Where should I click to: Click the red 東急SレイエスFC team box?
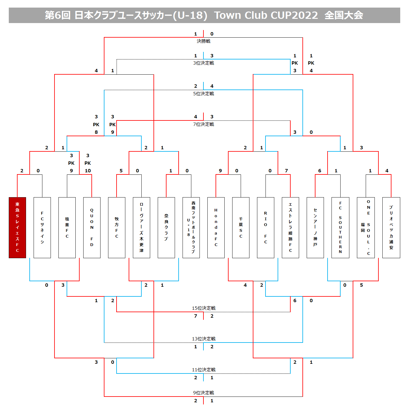(17, 228)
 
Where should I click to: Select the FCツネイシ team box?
(42, 228)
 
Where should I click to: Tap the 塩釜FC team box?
(67, 228)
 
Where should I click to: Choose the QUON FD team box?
(92, 228)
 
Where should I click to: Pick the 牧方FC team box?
(117, 228)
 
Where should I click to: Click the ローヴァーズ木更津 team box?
(141, 228)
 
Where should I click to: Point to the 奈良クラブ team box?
(166, 228)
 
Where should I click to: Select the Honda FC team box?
(216, 228)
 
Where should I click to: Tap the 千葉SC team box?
(241, 228)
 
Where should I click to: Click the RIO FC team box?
(266, 228)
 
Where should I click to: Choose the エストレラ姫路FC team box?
(290, 228)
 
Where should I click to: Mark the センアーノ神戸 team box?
(315, 228)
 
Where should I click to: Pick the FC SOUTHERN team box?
(340, 228)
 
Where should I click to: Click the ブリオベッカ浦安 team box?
(391, 228)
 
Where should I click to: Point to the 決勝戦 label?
(203, 41)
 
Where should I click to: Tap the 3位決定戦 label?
(203, 63)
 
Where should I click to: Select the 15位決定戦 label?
(203, 308)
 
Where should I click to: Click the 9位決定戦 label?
(203, 393)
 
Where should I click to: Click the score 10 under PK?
(88, 171)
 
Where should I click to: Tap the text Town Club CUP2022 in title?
(266, 15)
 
